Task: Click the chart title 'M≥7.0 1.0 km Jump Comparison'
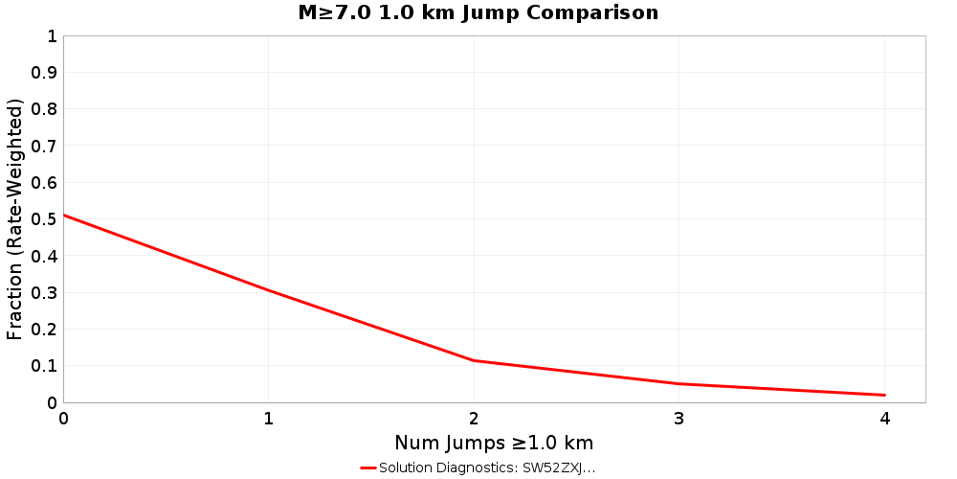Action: [478, 13]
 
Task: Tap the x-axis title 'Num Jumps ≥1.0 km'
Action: [494, 443]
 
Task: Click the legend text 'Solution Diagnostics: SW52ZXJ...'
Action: [487, 468]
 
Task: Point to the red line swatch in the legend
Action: [368, 468]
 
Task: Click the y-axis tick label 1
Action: [52, 36]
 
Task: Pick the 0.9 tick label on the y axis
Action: [45, 73]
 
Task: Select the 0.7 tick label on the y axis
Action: [45, 146]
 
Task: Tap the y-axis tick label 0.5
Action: [45, 219]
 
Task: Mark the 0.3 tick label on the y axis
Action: [45, 292]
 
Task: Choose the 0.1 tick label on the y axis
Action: [45, 366]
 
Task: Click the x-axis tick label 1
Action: [269, 418]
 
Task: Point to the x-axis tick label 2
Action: [474, 418]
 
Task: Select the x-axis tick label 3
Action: [679, 418]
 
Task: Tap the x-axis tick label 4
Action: [884, 418]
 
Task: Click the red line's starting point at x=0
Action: [64, 215]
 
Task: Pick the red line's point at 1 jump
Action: [269, 290]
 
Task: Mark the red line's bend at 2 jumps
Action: [474, 360]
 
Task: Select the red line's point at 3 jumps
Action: [679, 383]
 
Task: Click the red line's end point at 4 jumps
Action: [884, 395]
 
